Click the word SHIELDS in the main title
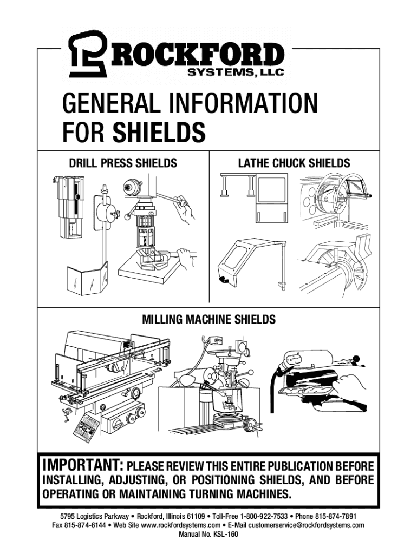click(x=159, y=132)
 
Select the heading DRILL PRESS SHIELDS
click(x=123, y=163)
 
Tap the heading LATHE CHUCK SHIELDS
click(x=294, y=163)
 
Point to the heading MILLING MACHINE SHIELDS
click(x=208, y=319)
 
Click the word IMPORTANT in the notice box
click(x=83, y=465)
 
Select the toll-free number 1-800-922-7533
click(x=264, y=516)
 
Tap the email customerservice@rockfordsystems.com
click(x=306, y=525)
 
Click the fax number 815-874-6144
click(x=85, y=525)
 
